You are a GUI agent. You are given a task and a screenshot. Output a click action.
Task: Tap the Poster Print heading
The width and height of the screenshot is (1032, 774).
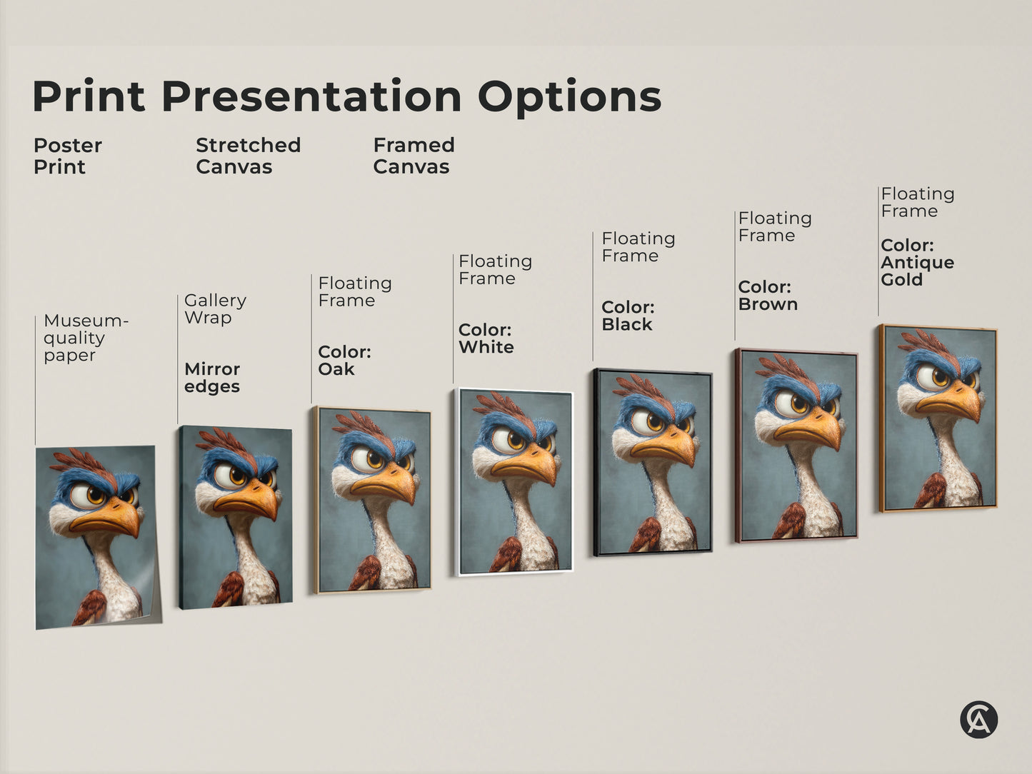tap(67, 156)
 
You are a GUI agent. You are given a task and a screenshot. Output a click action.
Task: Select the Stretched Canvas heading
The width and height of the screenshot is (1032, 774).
tap(248, 156)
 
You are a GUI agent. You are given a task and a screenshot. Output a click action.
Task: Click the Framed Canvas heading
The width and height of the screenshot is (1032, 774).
tap(414, 156)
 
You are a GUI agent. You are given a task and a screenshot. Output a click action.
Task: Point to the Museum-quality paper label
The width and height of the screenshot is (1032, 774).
tap(85, 338)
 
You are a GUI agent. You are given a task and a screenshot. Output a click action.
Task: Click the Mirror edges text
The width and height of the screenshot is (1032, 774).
tap(212, 378)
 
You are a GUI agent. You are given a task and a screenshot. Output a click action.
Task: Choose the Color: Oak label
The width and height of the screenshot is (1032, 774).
tap(344, 361)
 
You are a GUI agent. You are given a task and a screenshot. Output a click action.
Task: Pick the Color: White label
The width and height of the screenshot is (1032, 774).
tap(486, 338)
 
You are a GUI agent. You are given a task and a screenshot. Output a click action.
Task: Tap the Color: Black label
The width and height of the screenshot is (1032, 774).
tap(628, 316)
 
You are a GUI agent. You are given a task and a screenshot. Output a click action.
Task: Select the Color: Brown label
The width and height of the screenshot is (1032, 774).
tap(768, 296)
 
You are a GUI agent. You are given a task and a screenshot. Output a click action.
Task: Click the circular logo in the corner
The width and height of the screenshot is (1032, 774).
tap(978, 719)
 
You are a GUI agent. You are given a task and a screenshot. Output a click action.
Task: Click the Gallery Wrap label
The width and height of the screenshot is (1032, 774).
tap(215, 308)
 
